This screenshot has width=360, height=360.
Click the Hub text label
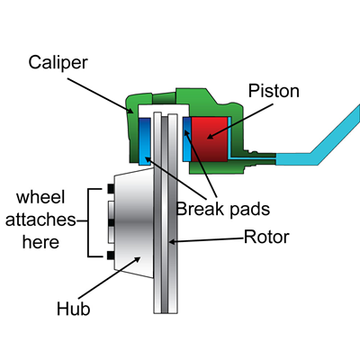tap(75, 310)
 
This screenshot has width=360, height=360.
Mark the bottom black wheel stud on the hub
tap(109, 256)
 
